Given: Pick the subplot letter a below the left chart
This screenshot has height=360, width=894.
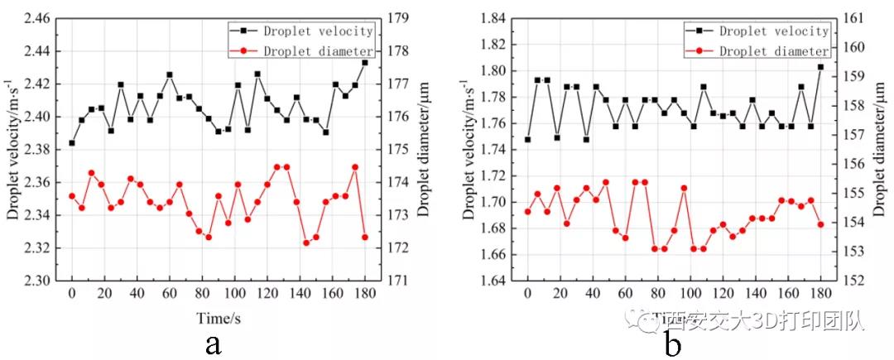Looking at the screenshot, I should (x=213, y=343).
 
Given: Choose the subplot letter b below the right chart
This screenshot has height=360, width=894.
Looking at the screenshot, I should (x=672, y=343).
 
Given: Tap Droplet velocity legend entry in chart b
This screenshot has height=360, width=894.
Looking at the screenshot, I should (x=773, y=31).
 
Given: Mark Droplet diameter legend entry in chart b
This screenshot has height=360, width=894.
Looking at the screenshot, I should (x=773, y=51).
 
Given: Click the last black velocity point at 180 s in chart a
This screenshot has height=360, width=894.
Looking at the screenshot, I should (x=365, y=62).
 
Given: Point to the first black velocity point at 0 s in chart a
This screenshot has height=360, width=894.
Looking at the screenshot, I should (x=72, y=143).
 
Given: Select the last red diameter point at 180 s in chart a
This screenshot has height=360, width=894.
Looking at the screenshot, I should (x=365, y=238).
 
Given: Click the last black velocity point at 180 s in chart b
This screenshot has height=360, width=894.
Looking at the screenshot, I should (x=821, y=67).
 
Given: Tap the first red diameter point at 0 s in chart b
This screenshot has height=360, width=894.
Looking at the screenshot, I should (x=528, y=212).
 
